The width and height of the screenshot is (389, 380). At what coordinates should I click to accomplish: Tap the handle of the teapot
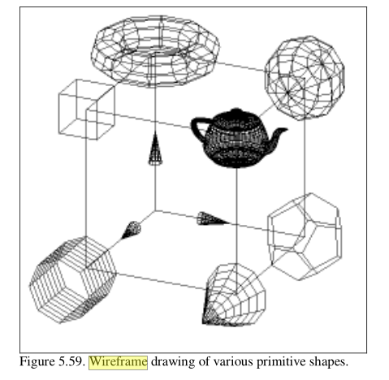197,127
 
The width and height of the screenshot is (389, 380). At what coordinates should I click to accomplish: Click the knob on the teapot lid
236,111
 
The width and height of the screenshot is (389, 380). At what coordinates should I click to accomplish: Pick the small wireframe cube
86,110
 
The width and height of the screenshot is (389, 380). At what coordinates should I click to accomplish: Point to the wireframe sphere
305,78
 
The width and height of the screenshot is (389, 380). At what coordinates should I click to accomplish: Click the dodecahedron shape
305,236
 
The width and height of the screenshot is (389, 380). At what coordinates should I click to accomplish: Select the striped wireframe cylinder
73,279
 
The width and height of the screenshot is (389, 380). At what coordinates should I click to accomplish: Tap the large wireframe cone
234,295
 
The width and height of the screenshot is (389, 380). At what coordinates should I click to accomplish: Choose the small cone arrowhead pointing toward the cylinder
132,230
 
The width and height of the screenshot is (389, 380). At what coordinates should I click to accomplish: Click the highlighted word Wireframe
119,362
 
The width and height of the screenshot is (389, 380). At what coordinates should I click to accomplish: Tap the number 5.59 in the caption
71,362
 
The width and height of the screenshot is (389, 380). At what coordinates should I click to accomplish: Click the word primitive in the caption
281,362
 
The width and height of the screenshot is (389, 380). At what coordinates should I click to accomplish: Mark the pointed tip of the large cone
204,322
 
